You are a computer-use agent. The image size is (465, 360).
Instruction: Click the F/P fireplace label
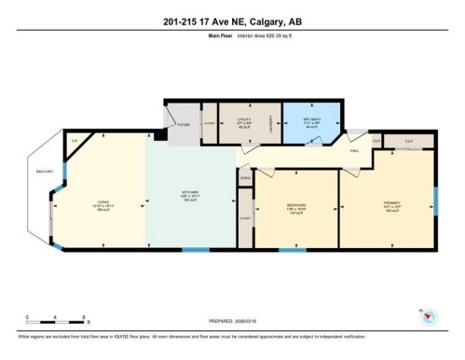[x=75, y=141]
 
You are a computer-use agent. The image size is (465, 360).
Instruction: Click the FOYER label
[x=183, y=123]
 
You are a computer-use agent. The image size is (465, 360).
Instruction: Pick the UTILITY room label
[x=243, y=119]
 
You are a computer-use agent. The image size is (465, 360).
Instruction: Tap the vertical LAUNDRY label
[x=271, y=126]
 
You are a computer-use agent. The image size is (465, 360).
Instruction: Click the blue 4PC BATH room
[x=310, y=124]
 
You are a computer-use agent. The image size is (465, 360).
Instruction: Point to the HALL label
[x=355, y=149]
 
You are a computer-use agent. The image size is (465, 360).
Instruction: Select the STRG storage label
[x=246, y=177]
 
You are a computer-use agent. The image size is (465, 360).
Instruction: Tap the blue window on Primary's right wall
[x=435, y=201]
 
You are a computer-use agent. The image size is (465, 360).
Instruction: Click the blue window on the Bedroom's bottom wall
[x=292, y=249]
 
